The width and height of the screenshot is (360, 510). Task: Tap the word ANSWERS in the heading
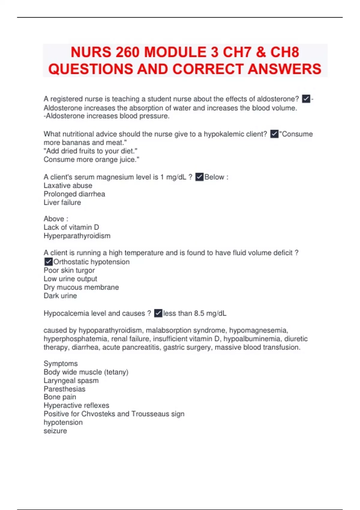coord(284,69)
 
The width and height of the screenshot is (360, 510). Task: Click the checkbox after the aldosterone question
coord(306,99)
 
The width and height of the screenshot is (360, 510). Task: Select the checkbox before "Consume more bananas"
coord(274,134)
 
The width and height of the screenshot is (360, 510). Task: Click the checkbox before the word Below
coord(199,177)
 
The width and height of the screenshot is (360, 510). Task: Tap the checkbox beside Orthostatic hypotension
coord(48,262)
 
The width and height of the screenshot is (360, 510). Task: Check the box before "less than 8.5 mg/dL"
coord(158,313)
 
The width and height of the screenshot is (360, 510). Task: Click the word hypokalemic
coord(223,134)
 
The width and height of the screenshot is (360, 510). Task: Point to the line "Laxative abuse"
coord(68,185)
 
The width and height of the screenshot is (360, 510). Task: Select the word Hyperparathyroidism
coord(77,236)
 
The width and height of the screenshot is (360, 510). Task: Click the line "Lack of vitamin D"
coord(71,227)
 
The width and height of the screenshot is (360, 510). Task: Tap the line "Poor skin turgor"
coord(69,270)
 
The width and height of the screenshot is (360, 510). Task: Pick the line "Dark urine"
coord(60,296)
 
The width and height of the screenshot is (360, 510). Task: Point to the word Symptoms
coord(61,364)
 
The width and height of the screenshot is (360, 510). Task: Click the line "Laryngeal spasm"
coord(71,380)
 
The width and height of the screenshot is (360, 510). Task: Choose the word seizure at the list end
coord(55,431)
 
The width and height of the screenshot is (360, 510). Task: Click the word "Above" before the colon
coord(54,219)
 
